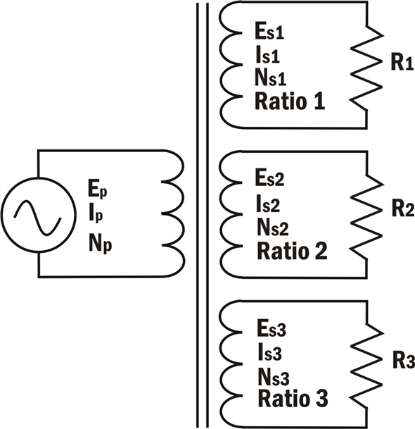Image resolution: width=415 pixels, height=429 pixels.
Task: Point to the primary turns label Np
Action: (100, 243)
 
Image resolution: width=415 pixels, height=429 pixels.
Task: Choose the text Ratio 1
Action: (289, 101)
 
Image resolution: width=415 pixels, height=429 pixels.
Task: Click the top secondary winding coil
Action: (231, 66)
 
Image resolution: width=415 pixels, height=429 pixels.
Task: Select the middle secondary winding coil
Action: (231, 216)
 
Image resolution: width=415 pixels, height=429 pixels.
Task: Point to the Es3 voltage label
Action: (271, 329)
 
